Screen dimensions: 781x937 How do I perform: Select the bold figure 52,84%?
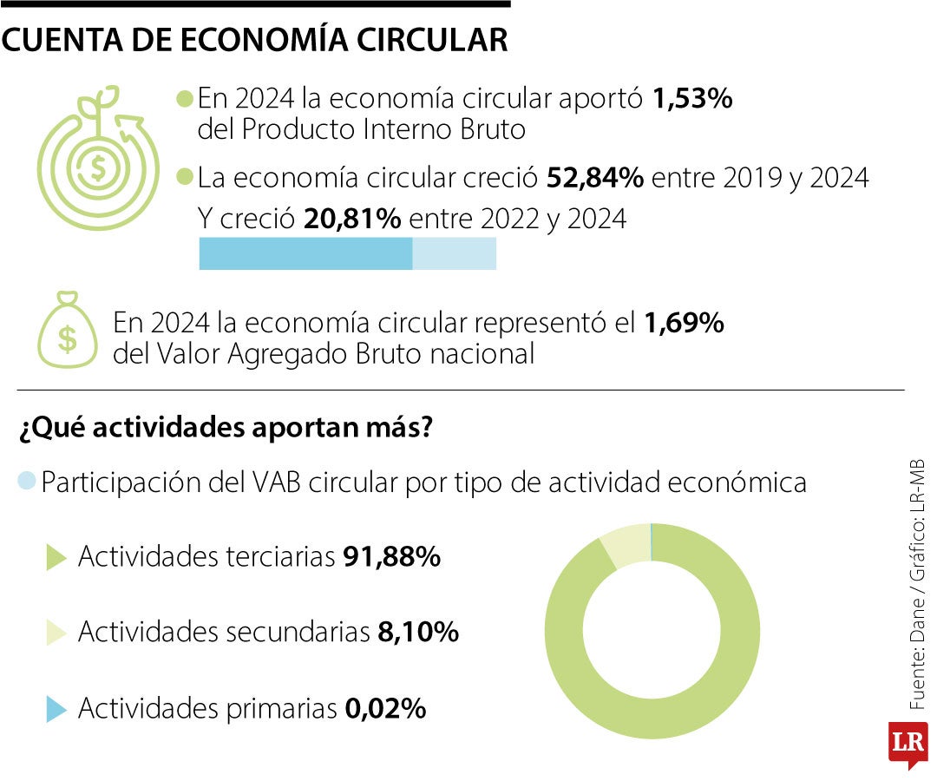click(595, 178)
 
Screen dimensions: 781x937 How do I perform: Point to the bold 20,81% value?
click(352, 219)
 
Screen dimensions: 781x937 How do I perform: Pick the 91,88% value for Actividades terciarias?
click(392, 557)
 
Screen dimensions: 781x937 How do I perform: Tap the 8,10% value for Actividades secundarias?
click(418, 633)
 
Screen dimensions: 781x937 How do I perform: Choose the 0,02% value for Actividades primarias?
click(385, 709)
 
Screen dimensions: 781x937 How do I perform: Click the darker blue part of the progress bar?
click(305, 253)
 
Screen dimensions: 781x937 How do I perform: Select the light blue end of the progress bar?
click(454, 253)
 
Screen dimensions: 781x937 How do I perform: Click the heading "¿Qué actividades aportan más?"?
click(224, 429)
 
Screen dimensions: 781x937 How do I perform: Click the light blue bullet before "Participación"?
click(27, 480)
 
